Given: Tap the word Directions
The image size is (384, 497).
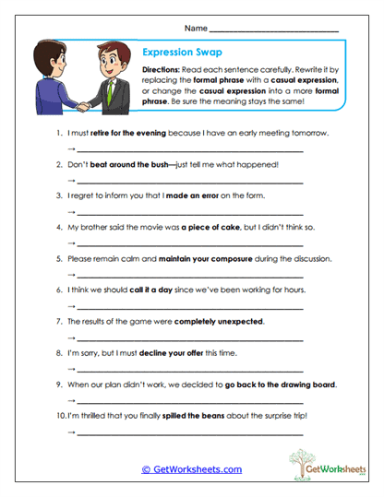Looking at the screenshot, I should pos(165,71).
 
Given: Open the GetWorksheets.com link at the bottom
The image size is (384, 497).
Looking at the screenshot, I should pos(191,469).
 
